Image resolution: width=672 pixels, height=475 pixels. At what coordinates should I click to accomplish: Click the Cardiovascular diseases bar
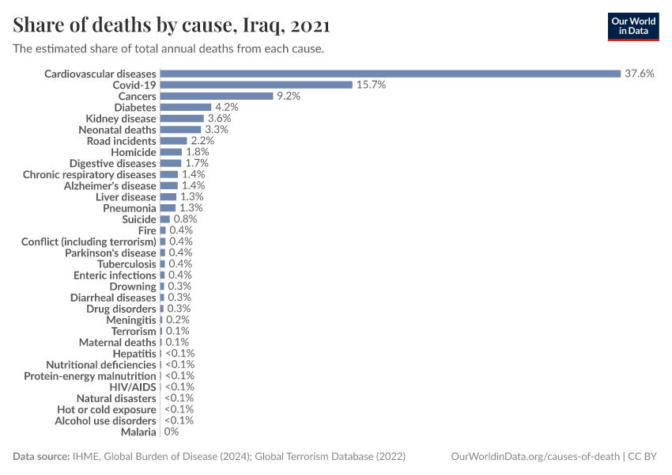click(x=390, y=74)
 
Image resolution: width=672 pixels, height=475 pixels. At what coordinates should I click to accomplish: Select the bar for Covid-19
click(x=255, y=85)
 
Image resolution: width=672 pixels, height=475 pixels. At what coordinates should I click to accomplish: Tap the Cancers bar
click(x=216, y=96)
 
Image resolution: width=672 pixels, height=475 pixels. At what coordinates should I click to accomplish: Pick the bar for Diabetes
click(x=185, y=107)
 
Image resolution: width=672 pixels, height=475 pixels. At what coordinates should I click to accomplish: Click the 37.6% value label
click(x=639, y=74)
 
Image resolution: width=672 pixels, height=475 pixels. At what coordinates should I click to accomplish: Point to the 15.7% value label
click(x=370, y=85)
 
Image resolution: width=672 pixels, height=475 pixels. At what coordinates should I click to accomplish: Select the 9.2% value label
click(x=288, y=96)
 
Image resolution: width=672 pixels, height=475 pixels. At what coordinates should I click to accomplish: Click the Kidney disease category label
click(x=121, y=118)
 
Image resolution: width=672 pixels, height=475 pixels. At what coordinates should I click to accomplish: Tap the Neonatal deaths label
click(x=117, y=129)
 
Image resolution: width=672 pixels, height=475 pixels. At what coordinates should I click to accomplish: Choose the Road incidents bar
click(x=173, y=141)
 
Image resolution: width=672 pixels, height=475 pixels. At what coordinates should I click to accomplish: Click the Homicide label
click(x=134, y=152)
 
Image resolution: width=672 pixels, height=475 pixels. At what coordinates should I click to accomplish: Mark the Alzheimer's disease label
click(x=110, y=185)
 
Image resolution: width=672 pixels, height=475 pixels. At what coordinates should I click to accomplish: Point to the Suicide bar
click(x=164, y=218)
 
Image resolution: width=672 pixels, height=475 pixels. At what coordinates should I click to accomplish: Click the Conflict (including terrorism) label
click(x=89, y=241)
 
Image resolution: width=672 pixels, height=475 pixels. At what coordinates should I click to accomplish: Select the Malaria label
click(x=138, y=431)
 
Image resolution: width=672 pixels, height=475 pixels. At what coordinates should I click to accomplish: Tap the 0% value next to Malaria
click(x=171, y=431)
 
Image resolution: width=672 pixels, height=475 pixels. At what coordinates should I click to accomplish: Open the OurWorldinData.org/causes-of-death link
click(x=534, y=457)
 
